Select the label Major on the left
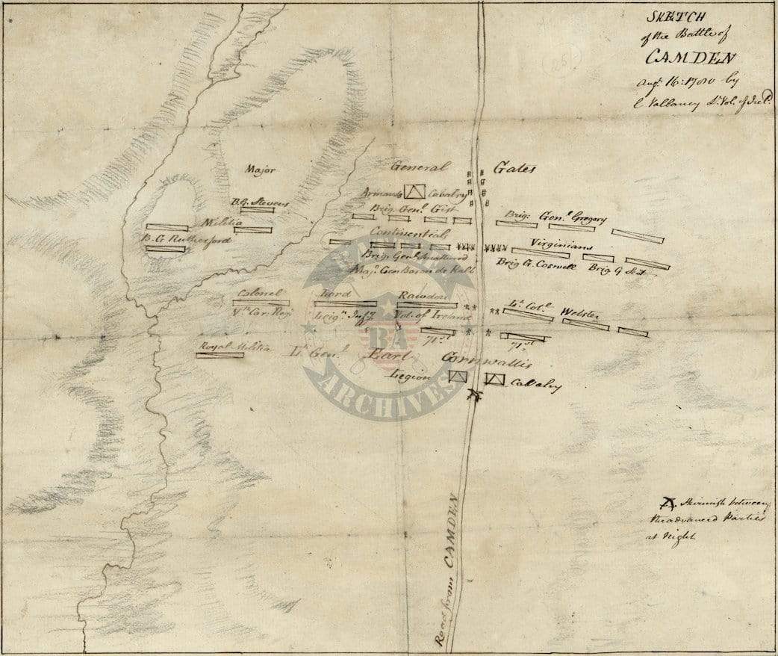click(x=260, y=170)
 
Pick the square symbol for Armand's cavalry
click(x=414, y=193)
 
